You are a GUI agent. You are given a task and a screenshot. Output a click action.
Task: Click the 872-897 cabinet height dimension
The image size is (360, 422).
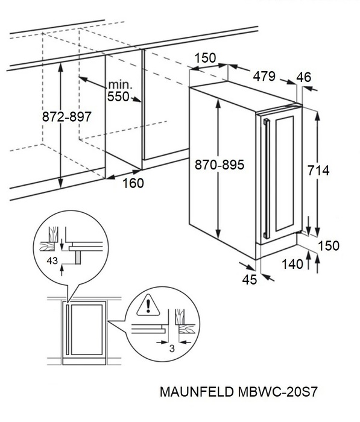point(67,117)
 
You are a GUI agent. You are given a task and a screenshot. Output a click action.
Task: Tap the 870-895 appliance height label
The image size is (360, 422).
point(219,165)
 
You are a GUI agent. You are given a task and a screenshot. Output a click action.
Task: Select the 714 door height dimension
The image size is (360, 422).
point(318,171)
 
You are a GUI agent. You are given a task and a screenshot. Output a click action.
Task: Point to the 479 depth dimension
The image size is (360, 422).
point(264,76)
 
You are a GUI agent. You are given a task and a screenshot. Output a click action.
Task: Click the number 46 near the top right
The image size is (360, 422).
point(304,77)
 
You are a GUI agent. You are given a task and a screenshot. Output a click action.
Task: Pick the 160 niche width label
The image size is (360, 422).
point(133,183)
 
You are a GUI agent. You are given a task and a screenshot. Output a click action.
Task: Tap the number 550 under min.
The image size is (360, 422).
point(118,96)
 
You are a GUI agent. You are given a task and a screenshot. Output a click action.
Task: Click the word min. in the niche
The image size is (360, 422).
point(121,85)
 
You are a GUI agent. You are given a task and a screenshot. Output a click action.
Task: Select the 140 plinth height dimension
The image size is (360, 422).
point(292,264)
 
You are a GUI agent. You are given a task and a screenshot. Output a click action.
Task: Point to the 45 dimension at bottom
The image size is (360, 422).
point(249,280)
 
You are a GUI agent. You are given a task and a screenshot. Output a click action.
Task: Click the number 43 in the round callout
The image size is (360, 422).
point(52,261)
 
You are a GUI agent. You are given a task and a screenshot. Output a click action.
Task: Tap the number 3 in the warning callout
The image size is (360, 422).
point(172,349)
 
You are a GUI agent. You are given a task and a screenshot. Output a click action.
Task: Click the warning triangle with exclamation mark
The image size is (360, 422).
point(148,305)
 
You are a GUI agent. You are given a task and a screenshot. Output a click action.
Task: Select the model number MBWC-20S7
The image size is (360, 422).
point(277,392)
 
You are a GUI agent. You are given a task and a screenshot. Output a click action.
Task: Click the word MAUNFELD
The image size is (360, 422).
point(197,392)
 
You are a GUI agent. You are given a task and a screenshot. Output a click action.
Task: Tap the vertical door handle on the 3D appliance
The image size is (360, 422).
point(267,178)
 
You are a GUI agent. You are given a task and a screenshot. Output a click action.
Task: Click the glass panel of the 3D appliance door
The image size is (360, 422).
point(285,174)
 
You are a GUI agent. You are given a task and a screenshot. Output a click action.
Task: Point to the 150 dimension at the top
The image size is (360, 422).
point(205,58)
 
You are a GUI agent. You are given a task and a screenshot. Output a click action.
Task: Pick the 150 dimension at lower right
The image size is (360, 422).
point(329,246)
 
